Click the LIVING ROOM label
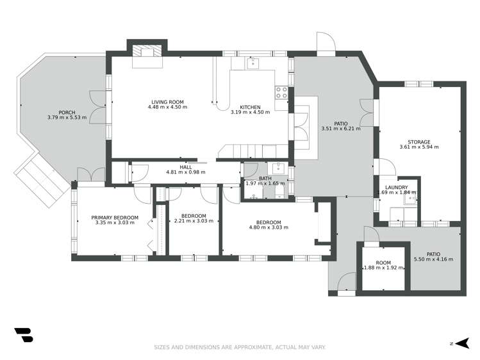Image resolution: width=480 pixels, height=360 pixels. [x=168, y=102]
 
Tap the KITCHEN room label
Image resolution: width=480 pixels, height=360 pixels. [x=250, y=107]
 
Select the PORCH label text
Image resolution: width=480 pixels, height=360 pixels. [x=67, y=113]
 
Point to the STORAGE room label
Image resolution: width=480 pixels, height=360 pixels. [x=419, y=142]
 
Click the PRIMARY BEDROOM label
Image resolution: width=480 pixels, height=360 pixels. [x=115, y=217]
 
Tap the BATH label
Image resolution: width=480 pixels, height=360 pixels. [x=265, y=179]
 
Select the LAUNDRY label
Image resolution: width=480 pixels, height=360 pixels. [x=396, y=187]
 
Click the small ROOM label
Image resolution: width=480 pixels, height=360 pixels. [x=383, y=263]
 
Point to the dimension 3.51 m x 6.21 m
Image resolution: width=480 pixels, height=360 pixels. [x=340, y=129]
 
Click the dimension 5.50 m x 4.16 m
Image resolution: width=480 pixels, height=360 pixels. [x=434, y=259]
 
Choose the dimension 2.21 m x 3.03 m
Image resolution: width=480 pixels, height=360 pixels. [x=194, y=221]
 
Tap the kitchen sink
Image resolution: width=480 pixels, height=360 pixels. [x=253, y=63]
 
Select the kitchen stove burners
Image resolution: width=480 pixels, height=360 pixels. [x=281, y=92]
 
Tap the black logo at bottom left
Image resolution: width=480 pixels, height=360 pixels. [x=23, y=334]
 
